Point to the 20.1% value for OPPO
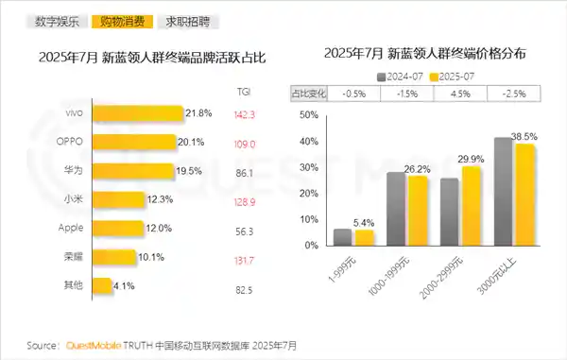point(193,143)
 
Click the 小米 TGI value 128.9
point(245,200)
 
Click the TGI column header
point(244,91)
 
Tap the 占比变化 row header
point(310,94)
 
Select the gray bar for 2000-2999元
point(450,214)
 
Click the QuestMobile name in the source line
point(93,345)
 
